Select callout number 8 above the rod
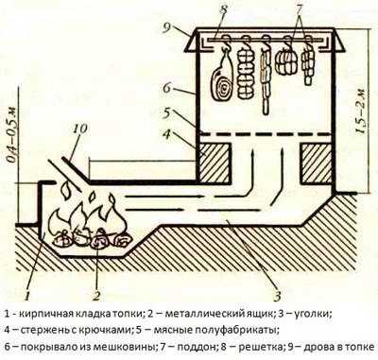(223, 10)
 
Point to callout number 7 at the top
(299, 9)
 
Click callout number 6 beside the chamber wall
(167, 88)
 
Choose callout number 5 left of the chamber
(168, 112)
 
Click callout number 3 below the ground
(277, 296)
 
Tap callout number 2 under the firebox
(96, 296)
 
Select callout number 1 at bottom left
(27, 296)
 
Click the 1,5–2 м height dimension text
(363, 111)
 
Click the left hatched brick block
(215, 163)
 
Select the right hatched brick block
(317, 163)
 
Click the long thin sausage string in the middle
(266, 78)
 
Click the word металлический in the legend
(204, 314)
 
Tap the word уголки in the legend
(311, 315)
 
